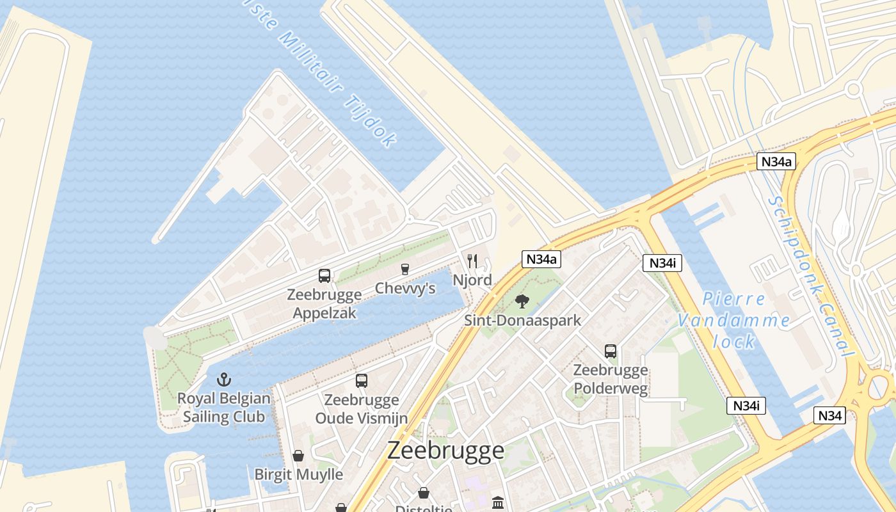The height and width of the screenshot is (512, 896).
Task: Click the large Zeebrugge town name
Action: pos(445,451)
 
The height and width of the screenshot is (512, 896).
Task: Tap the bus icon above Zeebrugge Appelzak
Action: pos(324,276)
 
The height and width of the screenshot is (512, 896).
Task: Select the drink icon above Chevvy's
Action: pos(404,269)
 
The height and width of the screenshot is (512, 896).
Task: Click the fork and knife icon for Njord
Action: pos(472,260)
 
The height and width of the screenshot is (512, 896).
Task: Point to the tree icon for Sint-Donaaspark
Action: pos(522,301)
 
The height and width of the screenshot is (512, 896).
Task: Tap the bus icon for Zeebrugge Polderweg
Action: pos(611,351)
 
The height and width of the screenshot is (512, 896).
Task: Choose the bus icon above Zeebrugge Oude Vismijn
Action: pos(362,381)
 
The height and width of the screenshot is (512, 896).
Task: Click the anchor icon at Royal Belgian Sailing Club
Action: pos(223,380)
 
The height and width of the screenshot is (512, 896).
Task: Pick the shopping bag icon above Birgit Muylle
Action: pos(298,456)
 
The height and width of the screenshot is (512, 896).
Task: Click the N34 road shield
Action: pos(830,415)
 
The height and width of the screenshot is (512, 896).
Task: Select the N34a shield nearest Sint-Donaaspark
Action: pos(541,259)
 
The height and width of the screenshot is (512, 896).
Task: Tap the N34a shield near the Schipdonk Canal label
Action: pos(777,161)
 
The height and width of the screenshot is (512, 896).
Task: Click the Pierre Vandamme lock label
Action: pos(733,320)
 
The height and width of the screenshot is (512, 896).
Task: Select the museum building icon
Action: pos(498,502)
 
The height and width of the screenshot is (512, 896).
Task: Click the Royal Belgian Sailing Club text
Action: pos(223,408)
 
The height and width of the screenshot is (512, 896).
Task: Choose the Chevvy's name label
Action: pos(405,289)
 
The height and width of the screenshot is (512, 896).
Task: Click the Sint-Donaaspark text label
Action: pos(522,320)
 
